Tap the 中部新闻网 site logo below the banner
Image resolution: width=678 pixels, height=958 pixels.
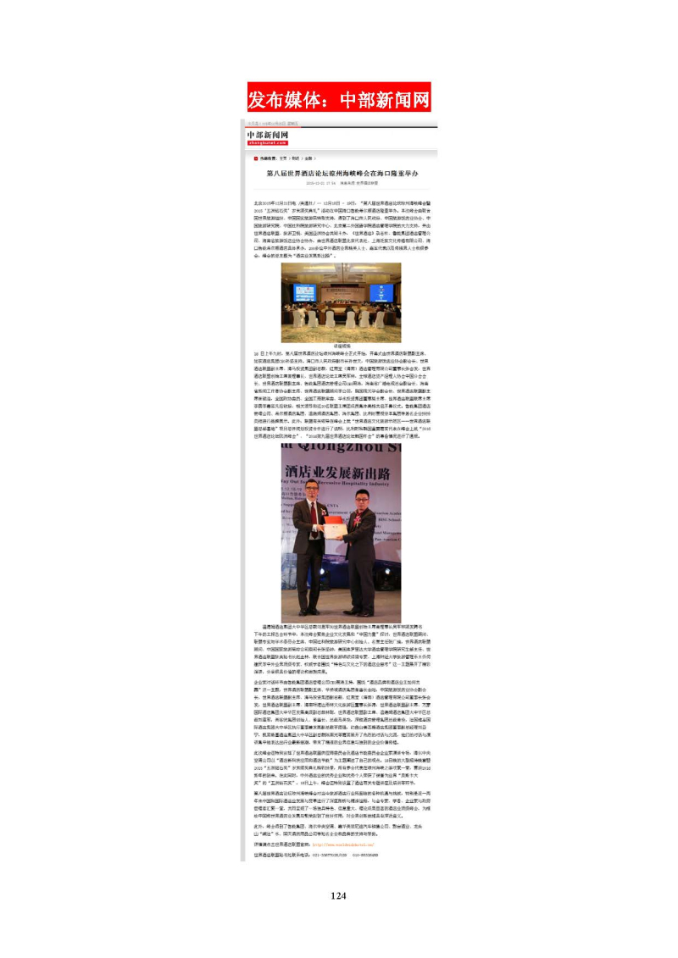[268, 136]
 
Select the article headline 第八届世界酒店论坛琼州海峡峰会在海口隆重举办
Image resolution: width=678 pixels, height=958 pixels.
[342, 172]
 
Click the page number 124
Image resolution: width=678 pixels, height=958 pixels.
[339, 895]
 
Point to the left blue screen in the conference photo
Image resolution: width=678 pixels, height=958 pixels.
[304, 292]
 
